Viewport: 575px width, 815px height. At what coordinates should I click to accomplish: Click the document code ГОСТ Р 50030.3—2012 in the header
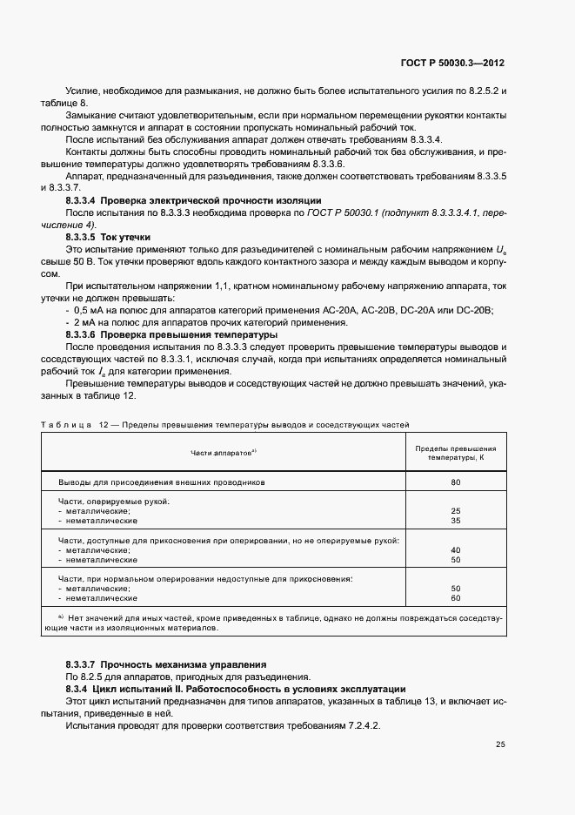(x=452, y=64)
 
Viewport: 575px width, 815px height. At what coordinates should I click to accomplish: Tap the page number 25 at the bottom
(x=500, y=744)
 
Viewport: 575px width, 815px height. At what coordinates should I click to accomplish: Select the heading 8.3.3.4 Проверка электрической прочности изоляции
(x=193, y=200)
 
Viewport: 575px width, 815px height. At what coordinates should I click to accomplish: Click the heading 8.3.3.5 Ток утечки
(x=108, y=237)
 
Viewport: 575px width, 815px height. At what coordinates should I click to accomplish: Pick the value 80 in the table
(x=455, y=482)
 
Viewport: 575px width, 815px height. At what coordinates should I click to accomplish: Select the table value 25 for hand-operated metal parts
(x=455, y=511)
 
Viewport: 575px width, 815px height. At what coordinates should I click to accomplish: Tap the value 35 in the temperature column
(x=455, y=521)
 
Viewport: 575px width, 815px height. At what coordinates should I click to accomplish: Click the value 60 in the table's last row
(x=455, y=598)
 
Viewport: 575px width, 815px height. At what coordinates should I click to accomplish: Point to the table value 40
(x=455, y=550)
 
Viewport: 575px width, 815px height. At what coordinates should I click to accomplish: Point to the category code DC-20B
(x=475, y=310)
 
